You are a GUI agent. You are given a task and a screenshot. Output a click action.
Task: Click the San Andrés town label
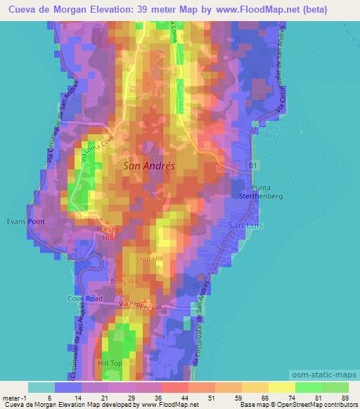pyautogui.click(x=149, y=167)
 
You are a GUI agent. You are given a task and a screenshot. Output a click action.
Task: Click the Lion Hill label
pyautogui.click(x=159, y=259)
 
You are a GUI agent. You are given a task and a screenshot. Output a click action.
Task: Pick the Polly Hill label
pyautogui.click(x=126, y=281)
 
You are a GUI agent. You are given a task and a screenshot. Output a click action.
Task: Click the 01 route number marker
pyautogui.click(x=253, y=164)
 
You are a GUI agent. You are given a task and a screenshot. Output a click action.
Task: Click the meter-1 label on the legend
pyautogui.click(x=13, y=397)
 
